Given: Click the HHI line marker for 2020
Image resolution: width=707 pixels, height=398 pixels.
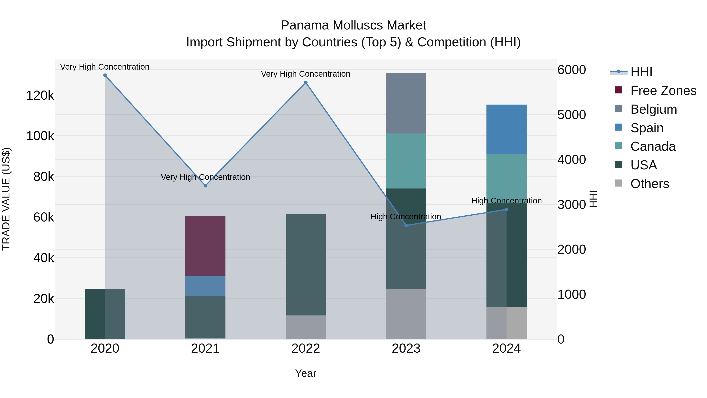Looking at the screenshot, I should (105, 75).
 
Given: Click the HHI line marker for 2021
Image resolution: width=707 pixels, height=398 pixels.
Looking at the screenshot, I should (205, 186).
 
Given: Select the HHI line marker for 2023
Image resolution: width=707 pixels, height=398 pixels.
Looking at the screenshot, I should (406, 225).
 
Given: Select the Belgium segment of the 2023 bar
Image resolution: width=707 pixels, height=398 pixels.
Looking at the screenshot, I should (406, 103).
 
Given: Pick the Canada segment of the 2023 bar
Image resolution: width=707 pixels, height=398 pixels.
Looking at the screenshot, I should (406, 161).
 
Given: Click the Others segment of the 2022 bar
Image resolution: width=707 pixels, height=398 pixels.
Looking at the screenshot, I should (306, 327).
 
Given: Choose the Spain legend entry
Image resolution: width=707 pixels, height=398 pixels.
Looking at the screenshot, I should (647, 128).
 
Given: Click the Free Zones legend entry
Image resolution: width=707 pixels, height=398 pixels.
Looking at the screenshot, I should (663, 91).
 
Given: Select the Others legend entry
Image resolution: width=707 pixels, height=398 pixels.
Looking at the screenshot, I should (650, 184).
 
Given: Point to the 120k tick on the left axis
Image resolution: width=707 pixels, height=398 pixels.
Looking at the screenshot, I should (40, 96).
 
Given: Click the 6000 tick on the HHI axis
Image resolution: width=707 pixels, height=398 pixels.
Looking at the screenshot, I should (571, 70).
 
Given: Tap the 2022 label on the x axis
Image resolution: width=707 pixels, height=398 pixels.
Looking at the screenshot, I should (306, 348).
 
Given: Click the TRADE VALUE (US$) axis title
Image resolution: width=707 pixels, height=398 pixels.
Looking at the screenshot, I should (6, 199).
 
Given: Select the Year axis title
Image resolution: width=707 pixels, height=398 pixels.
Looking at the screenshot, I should (306, 373).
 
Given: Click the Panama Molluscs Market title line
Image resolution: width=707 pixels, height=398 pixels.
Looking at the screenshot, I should (353, 25).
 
